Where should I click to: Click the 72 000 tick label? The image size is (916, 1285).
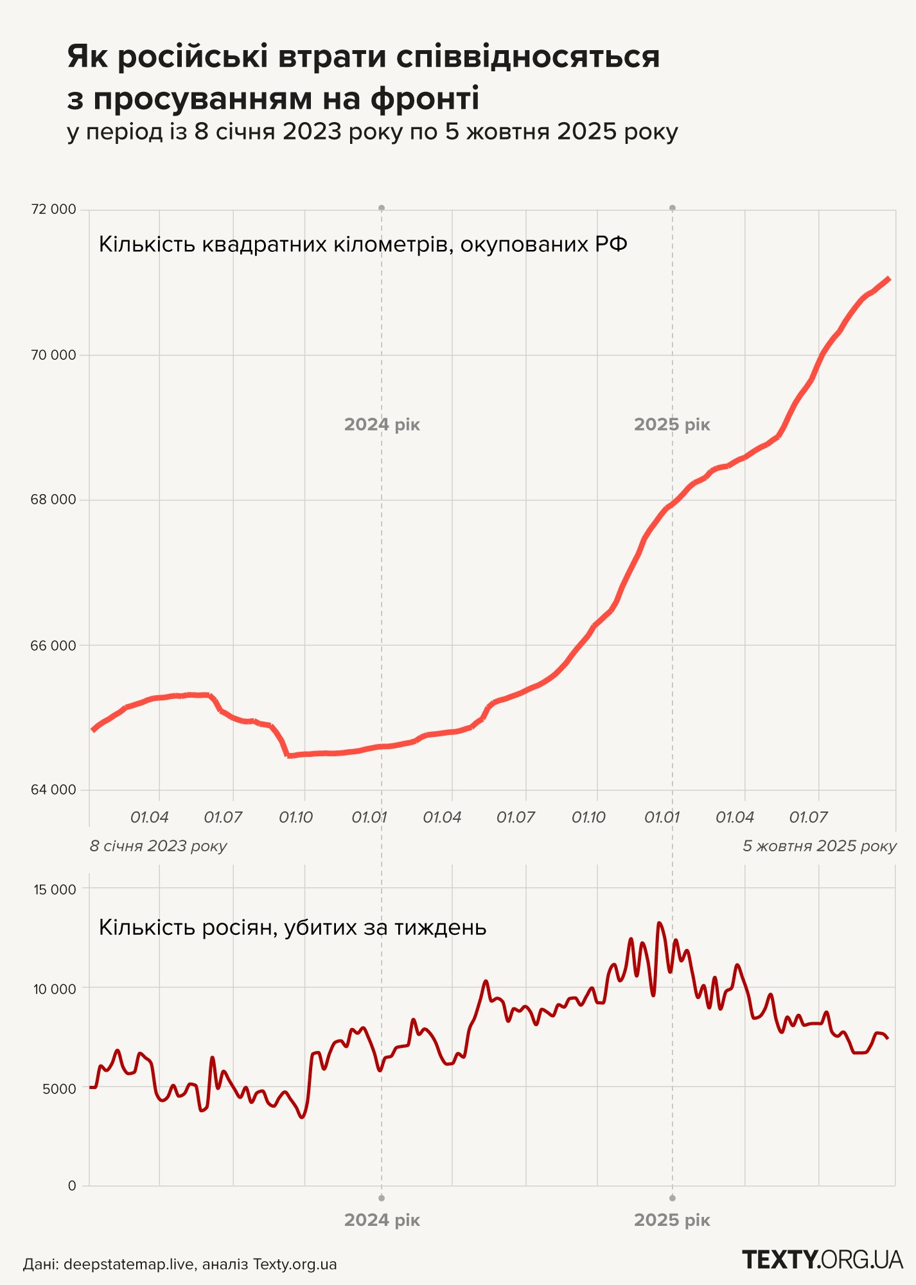pyautogui.click(x=53, y=209)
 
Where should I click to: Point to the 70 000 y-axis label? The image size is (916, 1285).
pyautogui.click(x=53, y=355)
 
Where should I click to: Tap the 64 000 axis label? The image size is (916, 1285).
pyautogui.click(x=53, y=790)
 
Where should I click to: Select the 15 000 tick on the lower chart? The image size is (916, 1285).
pyautogui.click(x=55, y=889)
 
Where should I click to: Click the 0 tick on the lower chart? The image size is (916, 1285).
pyautogui.click(x=72, y=1185)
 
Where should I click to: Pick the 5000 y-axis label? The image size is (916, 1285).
pyautogui.click(x=58, y=1089)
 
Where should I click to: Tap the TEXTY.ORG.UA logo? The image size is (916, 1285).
pyautogui.click(x=822, y=1259)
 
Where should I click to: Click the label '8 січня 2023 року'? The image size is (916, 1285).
pyautogui.click(x=158, y=846)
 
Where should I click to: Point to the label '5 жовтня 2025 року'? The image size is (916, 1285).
pyautogui.click(x=820, y=846)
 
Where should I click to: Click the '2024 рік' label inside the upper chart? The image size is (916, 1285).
pyautogui.click(x=382, y=425)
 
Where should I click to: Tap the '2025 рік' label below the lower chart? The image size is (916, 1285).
pyautogui.click(x=672, y=1220)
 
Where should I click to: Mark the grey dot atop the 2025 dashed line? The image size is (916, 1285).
pyautogui.click(x=673, y=208)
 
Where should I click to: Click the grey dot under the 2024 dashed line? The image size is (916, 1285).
pyautogui.click(x=382, y=1198)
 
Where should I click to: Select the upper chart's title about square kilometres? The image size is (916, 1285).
pyautogui.click(x=363, y=245)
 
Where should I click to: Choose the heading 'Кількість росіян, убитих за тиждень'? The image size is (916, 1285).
pyautogui.click(x=292, y=928)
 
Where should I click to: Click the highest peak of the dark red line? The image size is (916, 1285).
pyautogui.click(x=659, y=923)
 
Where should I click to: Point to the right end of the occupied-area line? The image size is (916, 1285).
pyautogui.click(x=888, y=279)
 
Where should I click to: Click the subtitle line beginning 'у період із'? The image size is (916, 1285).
pyautogui.click(x=373, y=132)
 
